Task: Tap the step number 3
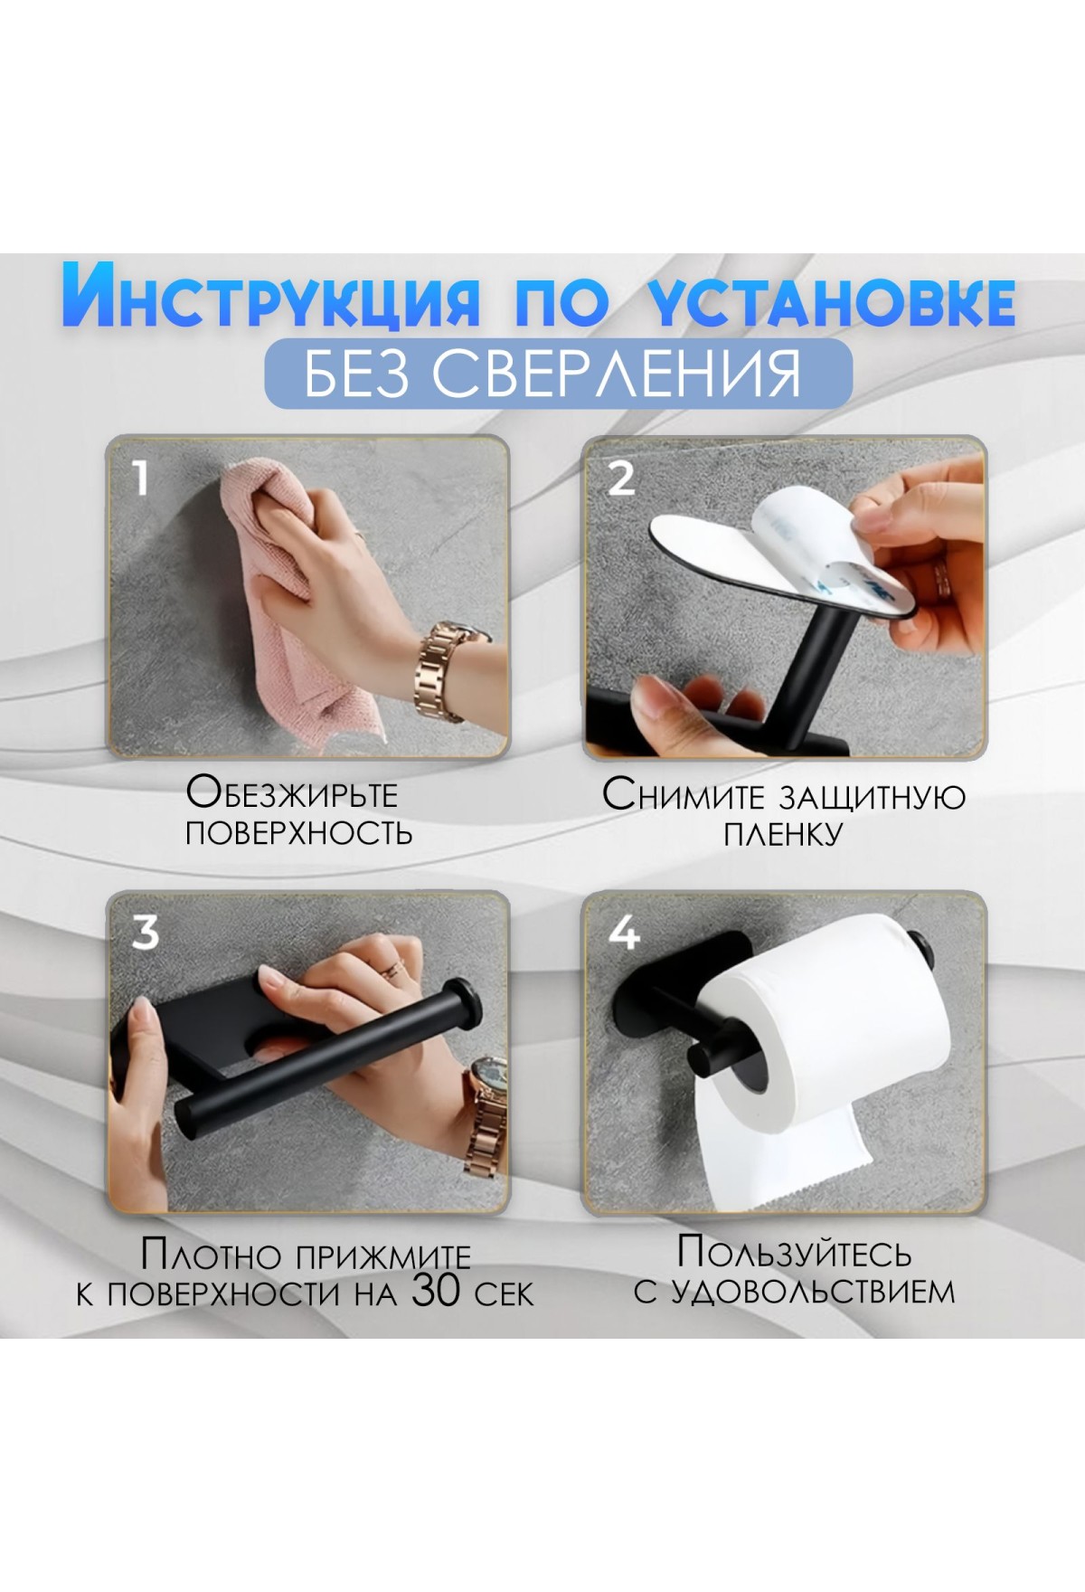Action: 146,931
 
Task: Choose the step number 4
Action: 624,931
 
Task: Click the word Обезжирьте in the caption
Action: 292,793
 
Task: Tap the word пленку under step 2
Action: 783,833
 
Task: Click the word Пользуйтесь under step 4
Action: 795,1252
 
